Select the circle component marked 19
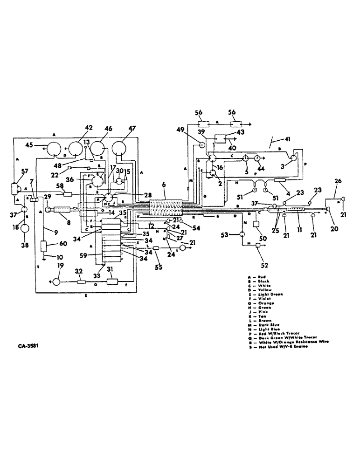coord(56,281)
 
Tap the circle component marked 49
coord(202,145)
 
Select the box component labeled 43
coord(221,139)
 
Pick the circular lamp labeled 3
coord(292,158)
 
